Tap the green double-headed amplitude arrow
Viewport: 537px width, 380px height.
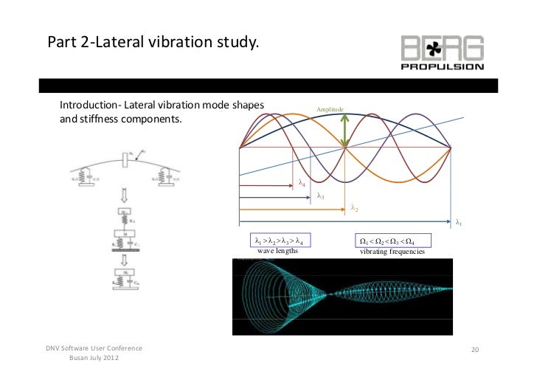point(345,131)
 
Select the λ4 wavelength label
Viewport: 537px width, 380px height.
point(302,184)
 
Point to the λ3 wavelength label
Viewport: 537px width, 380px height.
point(320,196)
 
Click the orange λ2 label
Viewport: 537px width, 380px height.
point(355,208)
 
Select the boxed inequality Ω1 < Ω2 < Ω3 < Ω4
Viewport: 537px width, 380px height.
point(386,241)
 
